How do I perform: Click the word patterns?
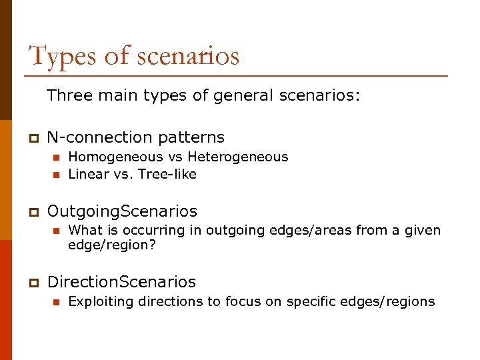pyautogui.click(x=191, y=138)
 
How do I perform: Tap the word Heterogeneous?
pyautogui.click(x=238, y=157)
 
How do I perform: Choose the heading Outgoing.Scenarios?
pyautogui.click(x=122, y=211)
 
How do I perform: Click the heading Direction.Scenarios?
pyautogui.click(x=121, y=282)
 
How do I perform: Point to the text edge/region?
pyautogui.click(x=112, y=245)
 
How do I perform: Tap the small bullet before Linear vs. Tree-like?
pyautogui.click(x=57, y=175)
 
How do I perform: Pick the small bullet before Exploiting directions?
pyautogui.click(x=57, y=302)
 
